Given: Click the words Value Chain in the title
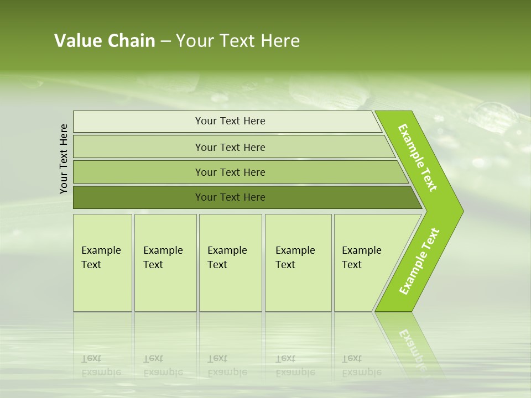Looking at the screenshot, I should pos(105,41).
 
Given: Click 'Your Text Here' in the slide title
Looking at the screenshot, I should pos(238,41).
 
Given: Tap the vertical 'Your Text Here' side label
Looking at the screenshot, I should pos(64,159).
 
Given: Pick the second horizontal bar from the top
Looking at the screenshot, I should pos(230,147).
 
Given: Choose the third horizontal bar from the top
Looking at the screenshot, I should pos(230,172).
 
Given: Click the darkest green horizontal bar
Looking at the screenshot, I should pos(230,197).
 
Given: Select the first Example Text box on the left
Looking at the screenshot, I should pos(102,263).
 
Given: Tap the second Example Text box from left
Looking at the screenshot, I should pos(165,263).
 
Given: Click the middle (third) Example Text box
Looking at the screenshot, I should pos(230,263).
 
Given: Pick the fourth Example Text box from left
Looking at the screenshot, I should pos(298,263).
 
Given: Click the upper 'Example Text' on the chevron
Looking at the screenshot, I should pos(418,158).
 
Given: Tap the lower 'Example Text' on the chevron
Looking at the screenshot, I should pos(419,261).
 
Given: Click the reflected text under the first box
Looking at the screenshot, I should pos(101,365).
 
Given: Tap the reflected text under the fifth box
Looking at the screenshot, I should pos(361,365).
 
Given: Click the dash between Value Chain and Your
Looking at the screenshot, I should pos(165,41).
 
